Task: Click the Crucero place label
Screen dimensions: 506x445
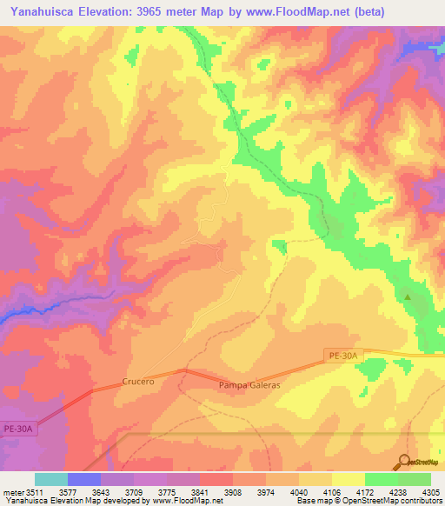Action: coord(138,381)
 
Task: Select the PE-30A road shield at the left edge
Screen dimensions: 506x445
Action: coord(17,429)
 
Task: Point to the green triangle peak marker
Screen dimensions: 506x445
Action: coord(408,297)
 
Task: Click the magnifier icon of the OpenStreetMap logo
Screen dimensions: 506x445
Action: coord(404,462)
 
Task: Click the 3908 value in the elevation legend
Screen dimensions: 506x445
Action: coord(233,492)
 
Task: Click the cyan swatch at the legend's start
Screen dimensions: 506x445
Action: coord(50,479)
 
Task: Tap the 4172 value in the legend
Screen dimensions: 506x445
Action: coord(363,492)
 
